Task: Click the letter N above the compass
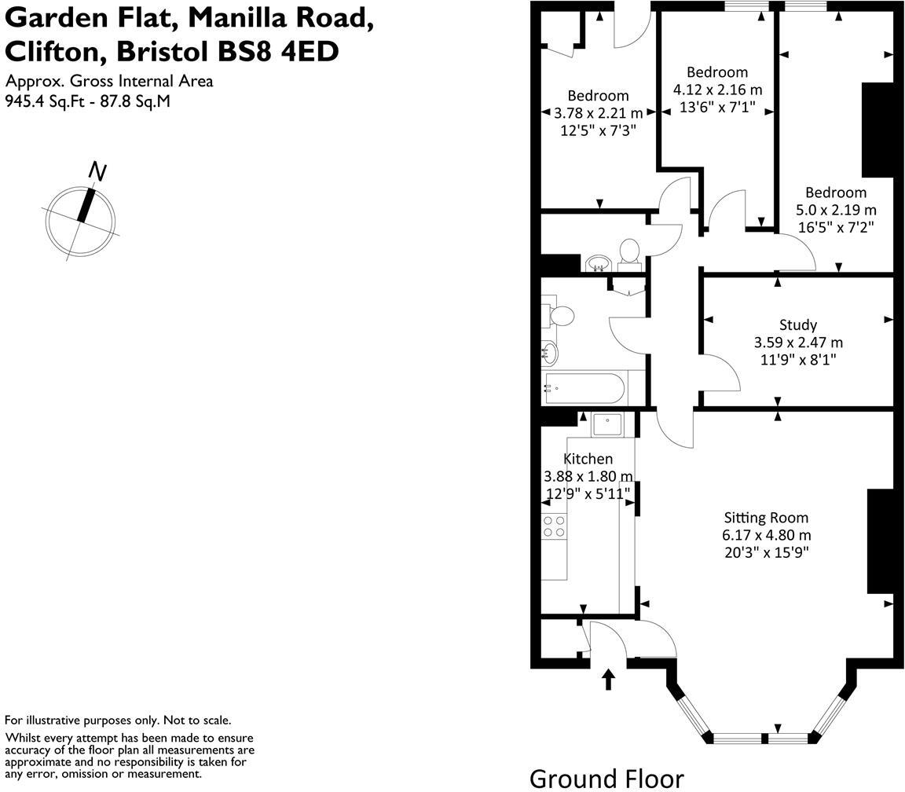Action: (x=97, y=170)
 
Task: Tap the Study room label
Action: (x=797, y=324)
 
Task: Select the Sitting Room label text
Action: (x=765, y=518)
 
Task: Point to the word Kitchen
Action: (x=588, y=459)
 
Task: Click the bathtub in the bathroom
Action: (x=585, y=387)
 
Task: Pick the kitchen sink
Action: (x=606, y=424)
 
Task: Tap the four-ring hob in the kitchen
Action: (x=555, y=526)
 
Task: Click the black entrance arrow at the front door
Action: (x=609, y=679)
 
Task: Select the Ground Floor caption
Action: (x=606, y=778)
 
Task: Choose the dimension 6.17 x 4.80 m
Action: (x=767, y=535)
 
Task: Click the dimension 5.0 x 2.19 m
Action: (x=836, y=210)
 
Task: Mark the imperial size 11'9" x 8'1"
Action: (x=797, y=360)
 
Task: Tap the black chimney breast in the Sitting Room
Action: (x=880, y=541)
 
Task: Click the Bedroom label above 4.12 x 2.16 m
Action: (x=716, y=72)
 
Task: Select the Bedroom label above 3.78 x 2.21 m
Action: (x=598, y=96)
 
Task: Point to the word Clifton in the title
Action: (x=53, y=51)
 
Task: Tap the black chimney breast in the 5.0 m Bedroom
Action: (x=878, y=130)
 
